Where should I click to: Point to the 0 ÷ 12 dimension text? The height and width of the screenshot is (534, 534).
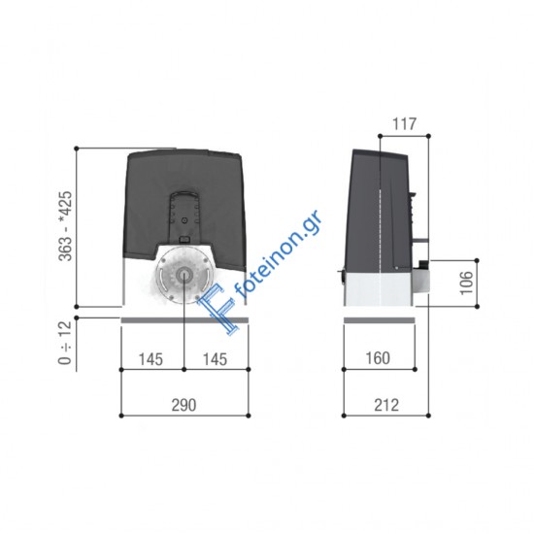[x=65, y=344]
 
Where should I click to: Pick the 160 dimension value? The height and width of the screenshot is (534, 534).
[x=379, y=358]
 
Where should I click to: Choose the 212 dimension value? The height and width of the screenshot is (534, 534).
[x=380, y=405]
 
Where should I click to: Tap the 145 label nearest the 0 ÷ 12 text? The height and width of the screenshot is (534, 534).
[x=150, y=358]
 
